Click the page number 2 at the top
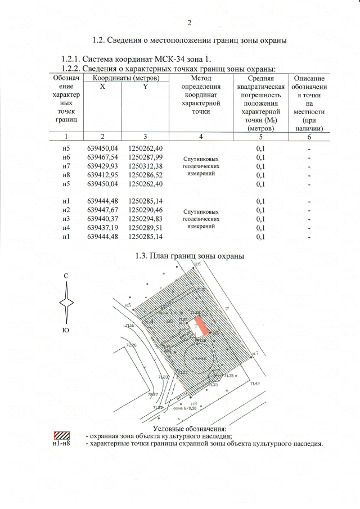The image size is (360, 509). click(190, 23)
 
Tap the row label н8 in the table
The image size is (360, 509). click(66, 175)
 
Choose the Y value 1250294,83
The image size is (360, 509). click(145, 219)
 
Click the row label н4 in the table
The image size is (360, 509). click(66, 228)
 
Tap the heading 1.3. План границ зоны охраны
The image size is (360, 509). click(190, 256)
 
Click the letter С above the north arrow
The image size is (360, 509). click(66, 276)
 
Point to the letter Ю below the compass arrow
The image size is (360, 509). click(66, 330)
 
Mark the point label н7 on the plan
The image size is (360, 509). click(255, 353)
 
